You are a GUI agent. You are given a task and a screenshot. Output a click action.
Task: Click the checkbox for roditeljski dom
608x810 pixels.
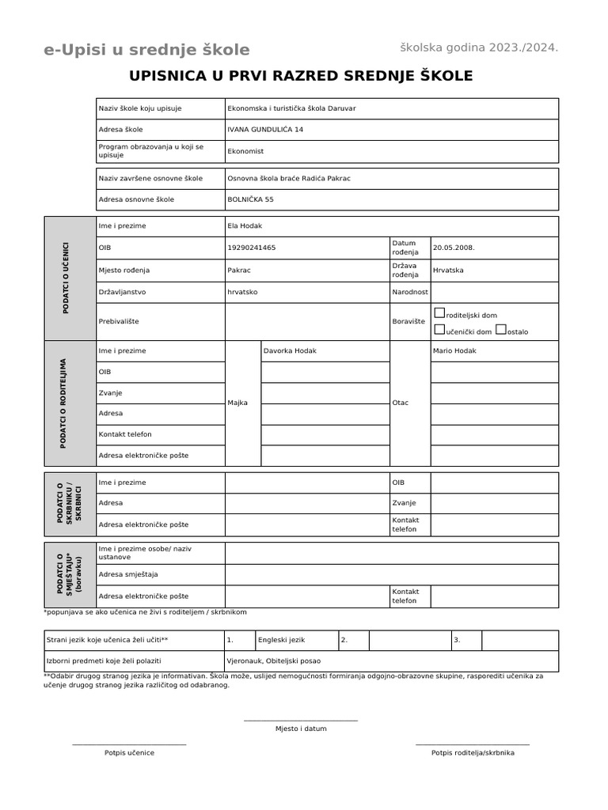point(440,313)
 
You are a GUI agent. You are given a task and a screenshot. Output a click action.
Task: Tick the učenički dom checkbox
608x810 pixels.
point(440,330)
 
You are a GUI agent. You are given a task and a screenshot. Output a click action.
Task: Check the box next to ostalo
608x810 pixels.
point(500,330)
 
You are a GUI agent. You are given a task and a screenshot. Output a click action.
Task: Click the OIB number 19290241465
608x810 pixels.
point(251,248)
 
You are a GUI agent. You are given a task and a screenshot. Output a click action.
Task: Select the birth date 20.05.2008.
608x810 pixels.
point(454,248)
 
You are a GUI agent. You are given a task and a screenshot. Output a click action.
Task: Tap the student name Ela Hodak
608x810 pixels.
point(244,226)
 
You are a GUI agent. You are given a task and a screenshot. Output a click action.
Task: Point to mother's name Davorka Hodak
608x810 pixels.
point(290,350)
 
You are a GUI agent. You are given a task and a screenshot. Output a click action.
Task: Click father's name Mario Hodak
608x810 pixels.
point(454,350)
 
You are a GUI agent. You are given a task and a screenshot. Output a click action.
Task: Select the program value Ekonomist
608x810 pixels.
point(245,151)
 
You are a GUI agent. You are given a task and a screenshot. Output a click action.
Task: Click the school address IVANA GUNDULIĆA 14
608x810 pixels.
point(264,130)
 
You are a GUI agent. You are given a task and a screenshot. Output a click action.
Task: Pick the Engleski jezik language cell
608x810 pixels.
point(281,640)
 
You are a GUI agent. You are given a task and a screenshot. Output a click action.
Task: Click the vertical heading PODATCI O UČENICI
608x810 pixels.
point(66,278)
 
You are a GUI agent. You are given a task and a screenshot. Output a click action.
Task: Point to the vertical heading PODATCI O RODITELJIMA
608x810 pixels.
point(63,403)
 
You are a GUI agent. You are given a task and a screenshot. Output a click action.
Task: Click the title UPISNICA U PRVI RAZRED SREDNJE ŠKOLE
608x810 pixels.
point(301,76)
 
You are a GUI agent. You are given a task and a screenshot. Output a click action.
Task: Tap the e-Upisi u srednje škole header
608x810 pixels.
point(146,50)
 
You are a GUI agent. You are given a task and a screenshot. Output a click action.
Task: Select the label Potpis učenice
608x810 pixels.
point(129,753)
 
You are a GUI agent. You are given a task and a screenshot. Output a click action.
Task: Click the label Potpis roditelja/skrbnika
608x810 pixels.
point(473,753)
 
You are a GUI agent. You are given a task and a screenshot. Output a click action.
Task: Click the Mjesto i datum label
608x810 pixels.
point(301,729)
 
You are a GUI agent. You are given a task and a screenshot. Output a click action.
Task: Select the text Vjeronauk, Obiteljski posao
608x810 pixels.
point(274,660)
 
